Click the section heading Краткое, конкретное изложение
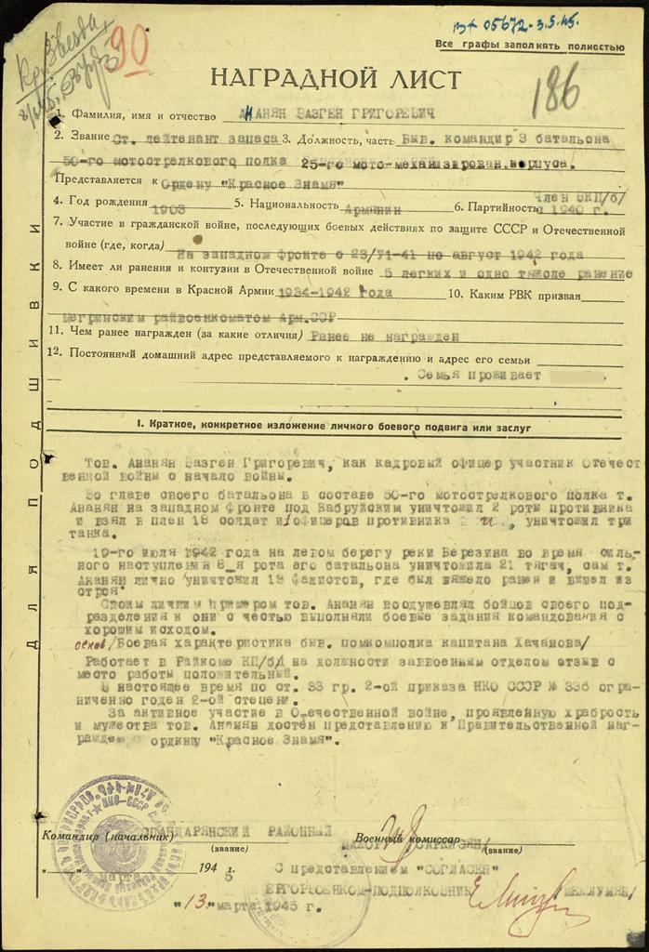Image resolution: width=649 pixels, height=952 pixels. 333,427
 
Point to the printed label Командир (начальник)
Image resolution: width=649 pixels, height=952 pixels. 107,836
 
